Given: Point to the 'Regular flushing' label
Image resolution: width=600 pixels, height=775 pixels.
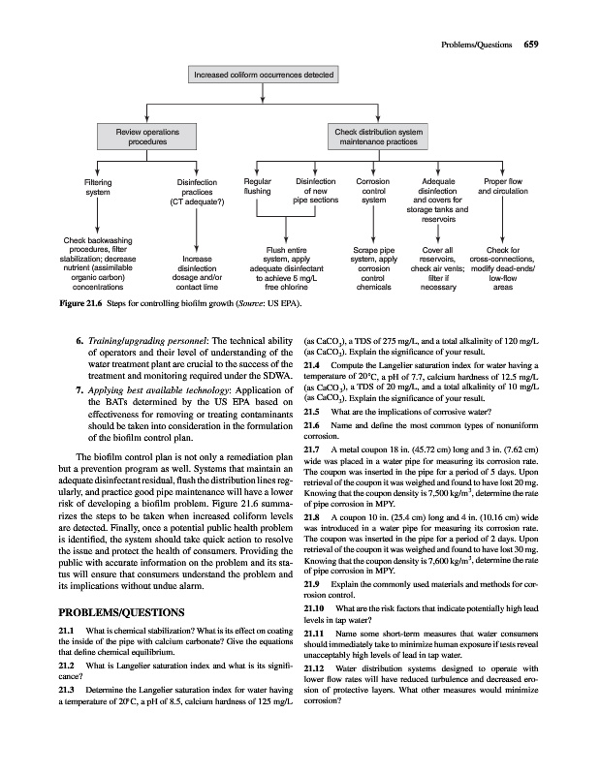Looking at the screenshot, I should coord(259,186).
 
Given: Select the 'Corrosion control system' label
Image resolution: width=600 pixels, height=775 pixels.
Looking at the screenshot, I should coord(373,191).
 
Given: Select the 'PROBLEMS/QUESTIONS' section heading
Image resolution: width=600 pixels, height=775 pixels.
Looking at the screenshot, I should coord(122,613).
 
